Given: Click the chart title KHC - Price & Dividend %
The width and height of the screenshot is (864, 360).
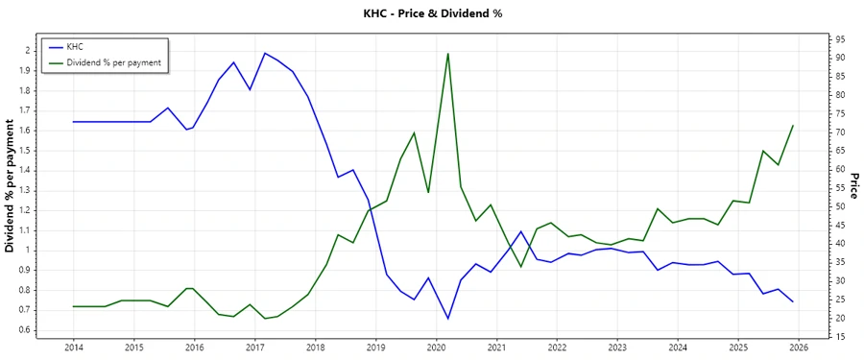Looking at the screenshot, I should coord(432,13).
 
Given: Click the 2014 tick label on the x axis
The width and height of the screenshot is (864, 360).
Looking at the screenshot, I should coord(73,348).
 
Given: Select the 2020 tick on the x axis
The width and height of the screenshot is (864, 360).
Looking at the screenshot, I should coord(436,348).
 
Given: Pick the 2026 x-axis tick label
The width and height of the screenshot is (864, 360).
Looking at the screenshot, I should coord(799,348).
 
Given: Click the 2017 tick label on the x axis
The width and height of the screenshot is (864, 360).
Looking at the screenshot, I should coord(254,348).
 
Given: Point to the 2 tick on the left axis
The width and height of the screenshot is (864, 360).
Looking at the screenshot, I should coord(28,50).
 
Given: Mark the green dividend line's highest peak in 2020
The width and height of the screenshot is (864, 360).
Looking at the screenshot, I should coord(448,54).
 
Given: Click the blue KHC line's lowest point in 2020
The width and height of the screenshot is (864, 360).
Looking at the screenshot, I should coord(447,319).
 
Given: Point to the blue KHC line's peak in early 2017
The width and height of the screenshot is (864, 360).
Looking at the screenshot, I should coord(265,53).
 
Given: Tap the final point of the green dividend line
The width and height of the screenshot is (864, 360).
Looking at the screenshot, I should coord(793,126).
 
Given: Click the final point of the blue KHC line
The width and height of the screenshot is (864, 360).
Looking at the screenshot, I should coord(793,301).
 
